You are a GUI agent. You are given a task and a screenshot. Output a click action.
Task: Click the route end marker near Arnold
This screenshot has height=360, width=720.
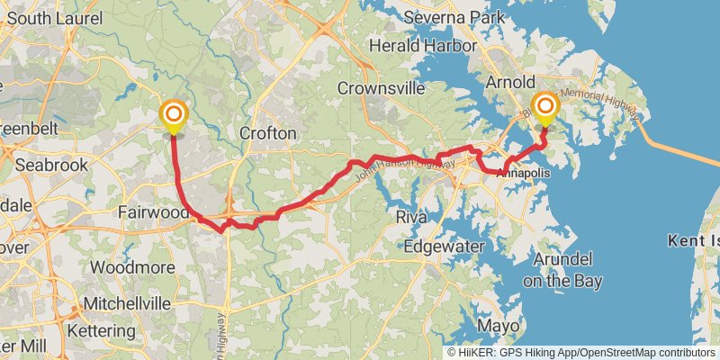coord(545,109)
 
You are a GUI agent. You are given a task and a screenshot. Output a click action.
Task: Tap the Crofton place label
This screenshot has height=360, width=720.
coord(268,133)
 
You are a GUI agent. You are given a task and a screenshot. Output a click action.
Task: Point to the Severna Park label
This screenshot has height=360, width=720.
coord(448,17)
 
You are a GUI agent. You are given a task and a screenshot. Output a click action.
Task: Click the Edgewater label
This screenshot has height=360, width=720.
coord(444,247)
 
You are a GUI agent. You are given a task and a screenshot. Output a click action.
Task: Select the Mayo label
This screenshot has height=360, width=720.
coord(499,325)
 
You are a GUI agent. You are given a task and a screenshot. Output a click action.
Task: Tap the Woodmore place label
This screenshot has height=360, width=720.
coord(125,267)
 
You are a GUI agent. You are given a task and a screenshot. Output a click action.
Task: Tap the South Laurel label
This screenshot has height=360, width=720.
coord(55,17)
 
